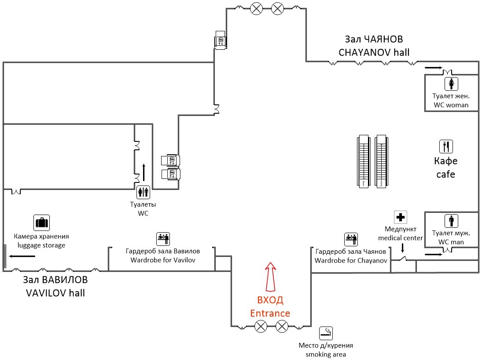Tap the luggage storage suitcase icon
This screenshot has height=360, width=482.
(x=41, y=223)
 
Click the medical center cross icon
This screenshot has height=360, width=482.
(x=400, y=217)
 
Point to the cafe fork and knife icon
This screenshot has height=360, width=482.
(x=446, y=146)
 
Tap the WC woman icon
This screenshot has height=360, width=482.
(x=451, y=83)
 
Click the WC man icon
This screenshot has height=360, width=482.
(x=451, y=221)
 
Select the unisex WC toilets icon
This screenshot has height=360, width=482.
(x=143, y=192)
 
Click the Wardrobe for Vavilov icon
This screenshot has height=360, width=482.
(x=163, y=239)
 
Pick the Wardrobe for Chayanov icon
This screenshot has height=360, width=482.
(x=351, y=239)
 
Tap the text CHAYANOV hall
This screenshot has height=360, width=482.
(x=374, y=52)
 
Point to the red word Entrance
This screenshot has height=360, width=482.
(x=270, y=313)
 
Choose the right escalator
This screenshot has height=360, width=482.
(x=381, y=162)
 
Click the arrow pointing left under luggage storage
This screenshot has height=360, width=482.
(x=20, y=256)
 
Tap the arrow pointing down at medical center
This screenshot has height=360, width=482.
(x=402, y=249)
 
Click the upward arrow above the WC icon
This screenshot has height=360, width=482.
(x=143, y=172)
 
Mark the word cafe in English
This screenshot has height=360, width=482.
(x=445, y=174)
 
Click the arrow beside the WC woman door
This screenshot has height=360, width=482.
(x=433, y=68)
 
